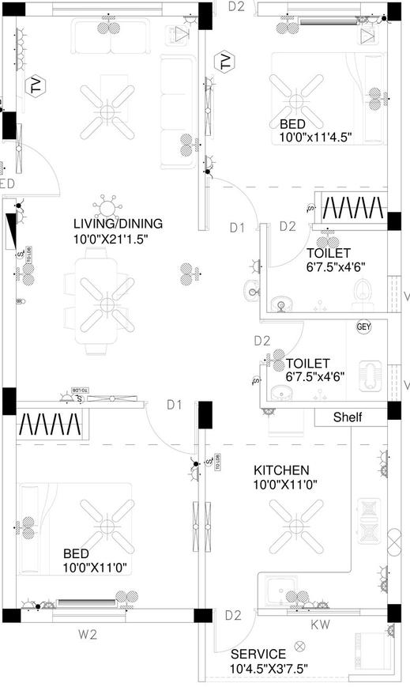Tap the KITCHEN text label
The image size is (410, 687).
pos(282,470)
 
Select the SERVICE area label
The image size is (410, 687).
pos(258,655)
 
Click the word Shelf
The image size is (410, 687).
pos(348,417)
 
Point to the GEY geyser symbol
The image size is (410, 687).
pos(363,327)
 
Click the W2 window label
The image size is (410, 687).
pos(87,632)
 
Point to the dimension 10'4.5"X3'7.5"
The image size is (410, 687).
pos(269,669)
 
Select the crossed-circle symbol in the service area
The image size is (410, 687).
pos(299,646)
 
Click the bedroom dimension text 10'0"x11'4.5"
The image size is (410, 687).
pos(315,137)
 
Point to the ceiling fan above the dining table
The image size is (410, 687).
pos(104,301)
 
